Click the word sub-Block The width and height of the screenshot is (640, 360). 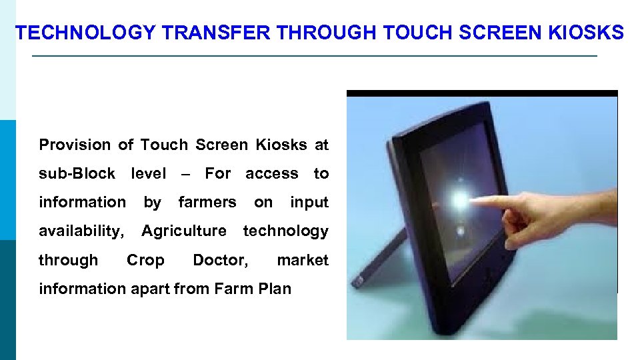click(x=77, y=173)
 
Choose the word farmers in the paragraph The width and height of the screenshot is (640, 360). click(x=207, y=202)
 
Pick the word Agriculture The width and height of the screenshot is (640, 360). click(x=184, y=231)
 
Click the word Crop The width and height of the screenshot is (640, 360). click(x=145, y=260)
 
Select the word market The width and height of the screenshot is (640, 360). click(x=303, y=260)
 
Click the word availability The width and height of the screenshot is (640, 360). click(x=81, y=231)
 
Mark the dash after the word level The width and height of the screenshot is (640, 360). click(x=185, y=174)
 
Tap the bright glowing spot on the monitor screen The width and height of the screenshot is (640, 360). click(x=460, y=199)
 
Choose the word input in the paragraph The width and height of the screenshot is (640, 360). click(x=309, y=202)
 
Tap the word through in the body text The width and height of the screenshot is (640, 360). click(x=68, y=260)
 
